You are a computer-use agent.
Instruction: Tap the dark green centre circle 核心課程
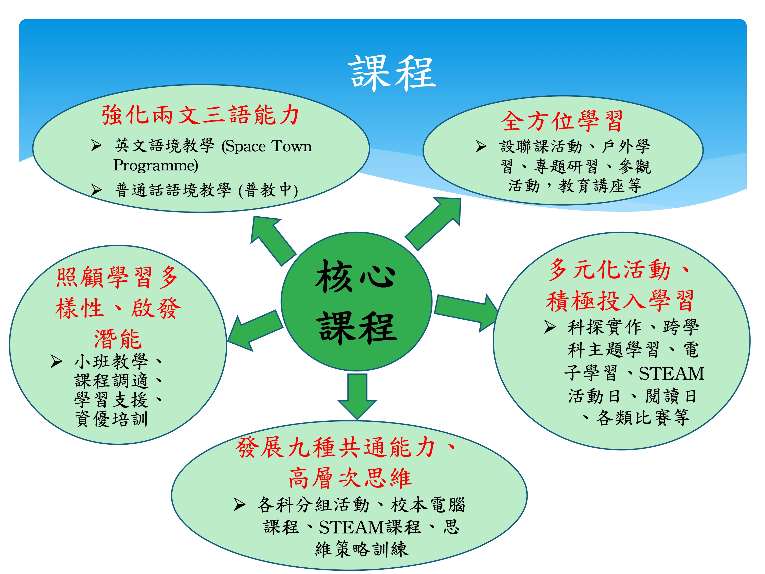[356, 301]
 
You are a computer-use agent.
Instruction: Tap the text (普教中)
[268, 190]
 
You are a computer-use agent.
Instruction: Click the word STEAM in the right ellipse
[671, 373]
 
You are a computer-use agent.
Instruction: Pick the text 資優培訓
[111, 419]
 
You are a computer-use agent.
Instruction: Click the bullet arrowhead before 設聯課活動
[481, 146]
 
